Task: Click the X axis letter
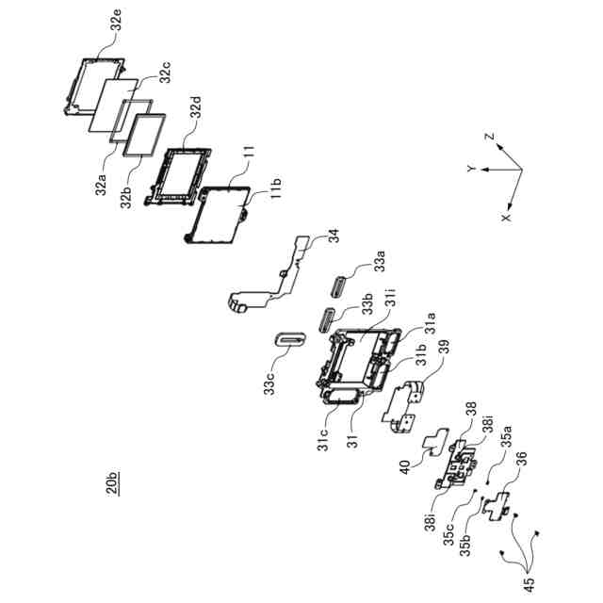tap(505, 216)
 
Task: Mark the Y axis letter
tap(470, 168)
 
